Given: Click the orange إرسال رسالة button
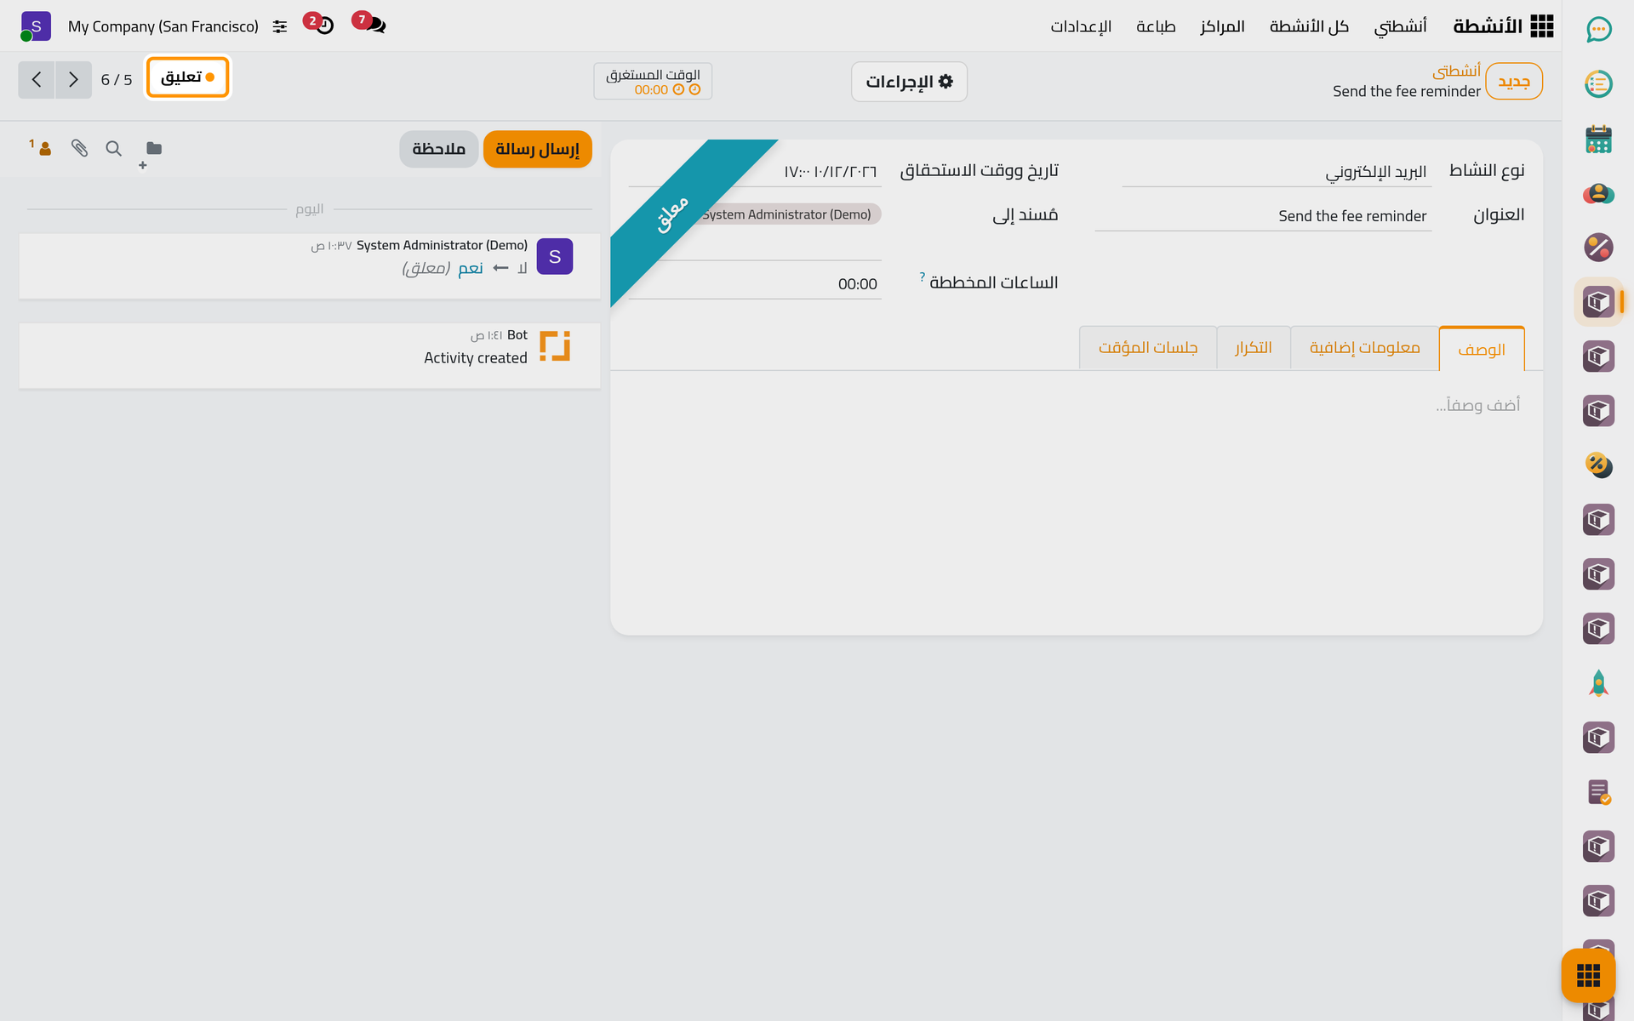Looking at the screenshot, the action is coord(537,149).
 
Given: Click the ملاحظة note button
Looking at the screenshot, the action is coord(438,149).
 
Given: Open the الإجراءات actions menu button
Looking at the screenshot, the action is coord(909,82).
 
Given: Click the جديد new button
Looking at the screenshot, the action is coord(1514,82).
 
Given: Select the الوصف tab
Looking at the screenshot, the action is coord(1482,349).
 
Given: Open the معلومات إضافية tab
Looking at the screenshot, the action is coord(1364,348).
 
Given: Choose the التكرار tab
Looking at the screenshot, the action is coord(1254,348).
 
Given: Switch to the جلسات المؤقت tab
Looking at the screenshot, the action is coord(1148,348).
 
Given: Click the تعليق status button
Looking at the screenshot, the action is coord(187,77).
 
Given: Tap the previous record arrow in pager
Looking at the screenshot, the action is coord(37,80).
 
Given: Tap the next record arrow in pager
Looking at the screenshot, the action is coord(74,80).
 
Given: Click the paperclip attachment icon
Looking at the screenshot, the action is coord(79,148).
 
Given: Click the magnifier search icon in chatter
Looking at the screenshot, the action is coord(113,148).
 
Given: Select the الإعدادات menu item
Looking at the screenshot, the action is coord(1081,26).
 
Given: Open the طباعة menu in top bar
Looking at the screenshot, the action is coord(1156,26).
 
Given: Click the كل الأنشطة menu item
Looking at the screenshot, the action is coord(1309,26).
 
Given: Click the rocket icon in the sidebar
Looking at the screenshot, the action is coord(1598,683).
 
